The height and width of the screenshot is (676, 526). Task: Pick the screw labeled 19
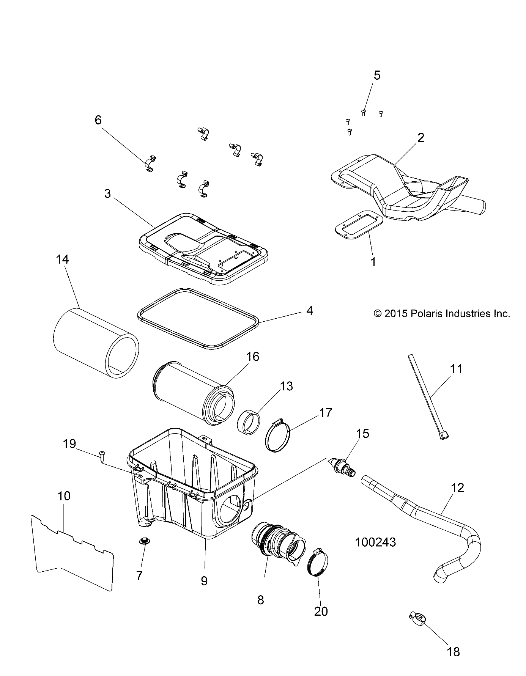[x=102, y=454]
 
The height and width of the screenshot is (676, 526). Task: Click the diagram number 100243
[x=375, y=542]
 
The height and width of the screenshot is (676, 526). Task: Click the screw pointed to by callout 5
[x=363, y=112]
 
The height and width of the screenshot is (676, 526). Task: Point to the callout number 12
[x=458, y=488]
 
